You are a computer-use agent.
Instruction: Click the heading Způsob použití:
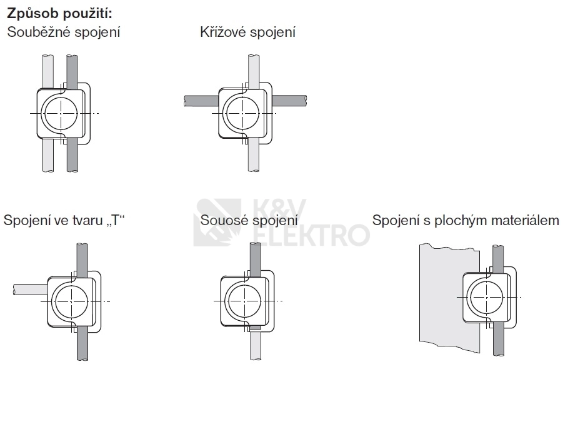click(x=59, y=13)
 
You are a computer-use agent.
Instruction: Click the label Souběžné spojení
click(x=64, y=32)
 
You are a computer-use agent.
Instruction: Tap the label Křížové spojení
click(x=247, y=32)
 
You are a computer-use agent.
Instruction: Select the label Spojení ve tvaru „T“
click(x=64, y=220)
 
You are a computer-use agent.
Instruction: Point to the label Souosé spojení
click(x=249, y=220)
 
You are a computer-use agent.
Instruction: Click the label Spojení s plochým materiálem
click(x=466, y=220)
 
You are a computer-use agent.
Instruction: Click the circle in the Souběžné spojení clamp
click(x=61, y=113)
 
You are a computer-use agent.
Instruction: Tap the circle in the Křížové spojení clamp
click(x=243, y=113)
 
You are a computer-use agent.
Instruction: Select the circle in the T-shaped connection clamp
click(x=72, y=301)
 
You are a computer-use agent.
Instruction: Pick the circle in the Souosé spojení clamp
click(x=245, y=301)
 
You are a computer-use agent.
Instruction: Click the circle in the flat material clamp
click(x=487, y=298)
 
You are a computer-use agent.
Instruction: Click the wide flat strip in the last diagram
click(x=449, y=298)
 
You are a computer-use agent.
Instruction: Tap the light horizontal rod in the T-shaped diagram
click(x=30, y=290)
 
